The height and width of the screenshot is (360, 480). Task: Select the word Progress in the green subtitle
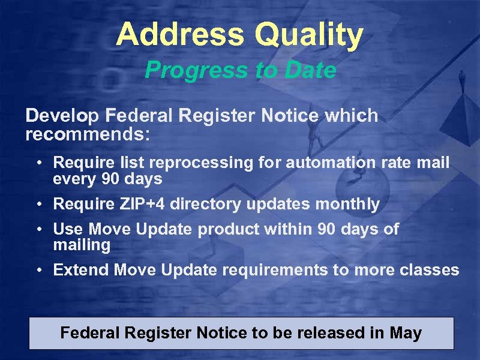click(190, 71)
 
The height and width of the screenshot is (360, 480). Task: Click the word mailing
click(82, 245)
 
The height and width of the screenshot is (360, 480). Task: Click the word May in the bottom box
click(405, 333)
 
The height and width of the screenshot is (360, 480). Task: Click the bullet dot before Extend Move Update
click(38, 270)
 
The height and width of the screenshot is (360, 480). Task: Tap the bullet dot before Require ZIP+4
click(38, 205)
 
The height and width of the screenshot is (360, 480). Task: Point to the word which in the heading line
click(351, 115)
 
